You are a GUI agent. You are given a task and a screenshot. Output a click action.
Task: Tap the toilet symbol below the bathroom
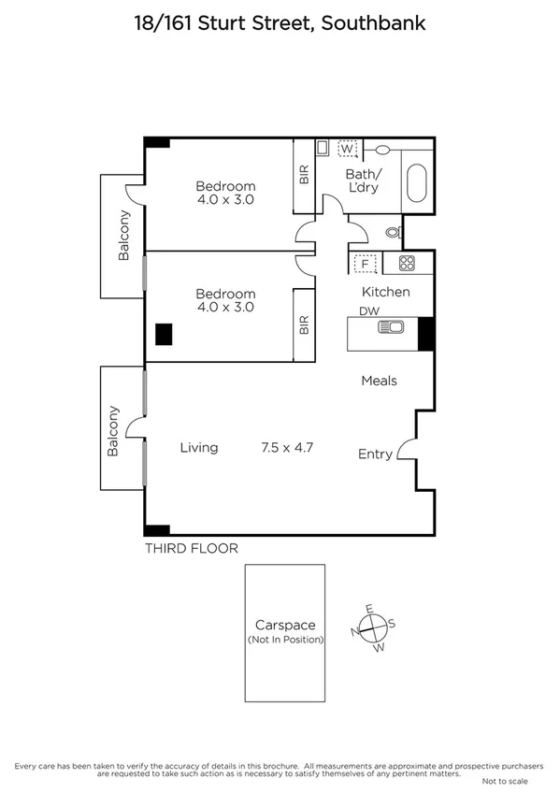(x=394, y=230)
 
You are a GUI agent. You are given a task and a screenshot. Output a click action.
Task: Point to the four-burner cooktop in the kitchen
(x=407, y=264)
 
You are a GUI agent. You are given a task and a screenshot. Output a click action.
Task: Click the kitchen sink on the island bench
(x=389, y=326)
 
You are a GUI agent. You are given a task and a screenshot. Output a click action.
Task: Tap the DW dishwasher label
(x=368, y=311)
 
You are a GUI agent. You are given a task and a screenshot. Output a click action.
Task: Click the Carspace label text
(x=285, y=625)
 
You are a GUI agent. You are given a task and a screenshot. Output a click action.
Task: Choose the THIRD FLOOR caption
(x=191, y=549)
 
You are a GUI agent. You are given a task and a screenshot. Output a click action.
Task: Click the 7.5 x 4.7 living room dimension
(x=286, y=448)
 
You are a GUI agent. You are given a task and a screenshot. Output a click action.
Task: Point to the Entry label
(x=375, y=454)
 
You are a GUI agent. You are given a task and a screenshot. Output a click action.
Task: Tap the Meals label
(x=380, y=381)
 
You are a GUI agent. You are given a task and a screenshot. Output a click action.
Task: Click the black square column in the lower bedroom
(x=165, y=334)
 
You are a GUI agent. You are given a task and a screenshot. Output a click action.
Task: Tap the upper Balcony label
(x=123, y=236)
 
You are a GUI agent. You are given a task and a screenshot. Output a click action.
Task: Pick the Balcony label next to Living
(x=113, y=430)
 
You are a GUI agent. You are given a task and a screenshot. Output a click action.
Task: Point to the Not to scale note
(x=504, y=781)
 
